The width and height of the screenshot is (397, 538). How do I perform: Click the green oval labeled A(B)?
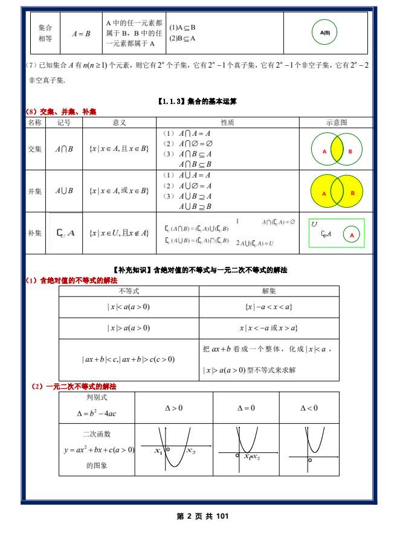pyautogui.click(x=325, y=33)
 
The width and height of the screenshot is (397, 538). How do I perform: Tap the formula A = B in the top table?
pyautogui.click(x=81, y=34)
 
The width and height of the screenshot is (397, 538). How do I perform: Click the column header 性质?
pyautogui.click(x=227, y=122)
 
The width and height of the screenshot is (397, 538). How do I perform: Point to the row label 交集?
pyautogui.click(x=35, y=149)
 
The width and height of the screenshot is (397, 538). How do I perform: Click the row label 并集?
pyautogui.click(x=35, y=191)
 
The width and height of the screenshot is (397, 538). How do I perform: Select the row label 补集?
pyautogui.click(x=35, y=232)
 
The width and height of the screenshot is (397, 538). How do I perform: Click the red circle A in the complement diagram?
pyautogui.click(x=352, y=234)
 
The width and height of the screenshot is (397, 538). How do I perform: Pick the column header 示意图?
pyautogui.click(x=337, y=122)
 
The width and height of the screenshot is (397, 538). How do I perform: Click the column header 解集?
pyautogui.click(x=269, y=291)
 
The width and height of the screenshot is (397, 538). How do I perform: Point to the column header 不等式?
pyautogui.click(x=129, y=291)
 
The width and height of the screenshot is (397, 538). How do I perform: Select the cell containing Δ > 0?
pyautogui.click(x=173, y=408)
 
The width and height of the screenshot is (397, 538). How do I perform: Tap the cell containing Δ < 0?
pyautogui.click(x=309, y=408)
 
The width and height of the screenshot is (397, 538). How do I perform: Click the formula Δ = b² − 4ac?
pyautogui.click(x=97, y=414)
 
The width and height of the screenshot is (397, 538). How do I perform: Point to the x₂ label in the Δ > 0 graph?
pyautogui.click(x=191, y=451)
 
